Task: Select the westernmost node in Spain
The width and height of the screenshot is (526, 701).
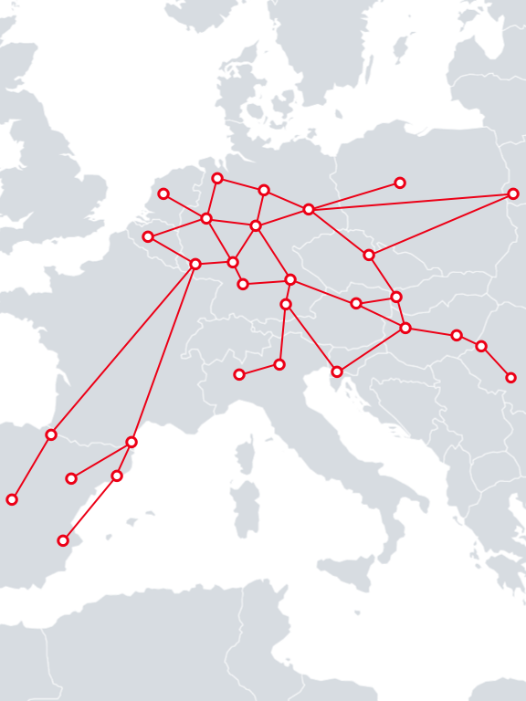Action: (x=12, y=499)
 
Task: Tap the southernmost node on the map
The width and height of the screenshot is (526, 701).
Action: (x=63, y=540)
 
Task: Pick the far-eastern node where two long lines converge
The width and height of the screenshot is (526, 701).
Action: (x=513, y=194)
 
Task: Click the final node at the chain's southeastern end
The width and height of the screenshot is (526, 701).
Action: (x=510, y=377)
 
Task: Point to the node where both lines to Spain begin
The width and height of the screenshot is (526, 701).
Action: (x=195, y=264)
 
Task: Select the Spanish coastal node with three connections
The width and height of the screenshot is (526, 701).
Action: (x=131, y=442)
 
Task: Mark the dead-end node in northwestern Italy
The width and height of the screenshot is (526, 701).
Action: (x=239, y=374)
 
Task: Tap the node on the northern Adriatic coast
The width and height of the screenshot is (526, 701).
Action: (x=337, y=371)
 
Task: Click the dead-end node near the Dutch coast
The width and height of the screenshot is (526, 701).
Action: (x=163, y=194)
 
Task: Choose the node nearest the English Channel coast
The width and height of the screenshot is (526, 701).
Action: (x=148, y=236)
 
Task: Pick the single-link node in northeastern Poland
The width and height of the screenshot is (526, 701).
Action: (x=400, y=183)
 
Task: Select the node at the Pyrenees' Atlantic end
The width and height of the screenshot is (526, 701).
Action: (x=51, y=434)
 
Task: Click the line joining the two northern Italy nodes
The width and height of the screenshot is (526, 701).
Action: (x=259, y=369)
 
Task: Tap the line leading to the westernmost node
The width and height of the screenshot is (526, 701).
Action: (x=31, y=467)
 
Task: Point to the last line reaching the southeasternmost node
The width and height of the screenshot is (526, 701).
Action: (x=496, y=361)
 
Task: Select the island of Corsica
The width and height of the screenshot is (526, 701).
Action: (x=245, y=454)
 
